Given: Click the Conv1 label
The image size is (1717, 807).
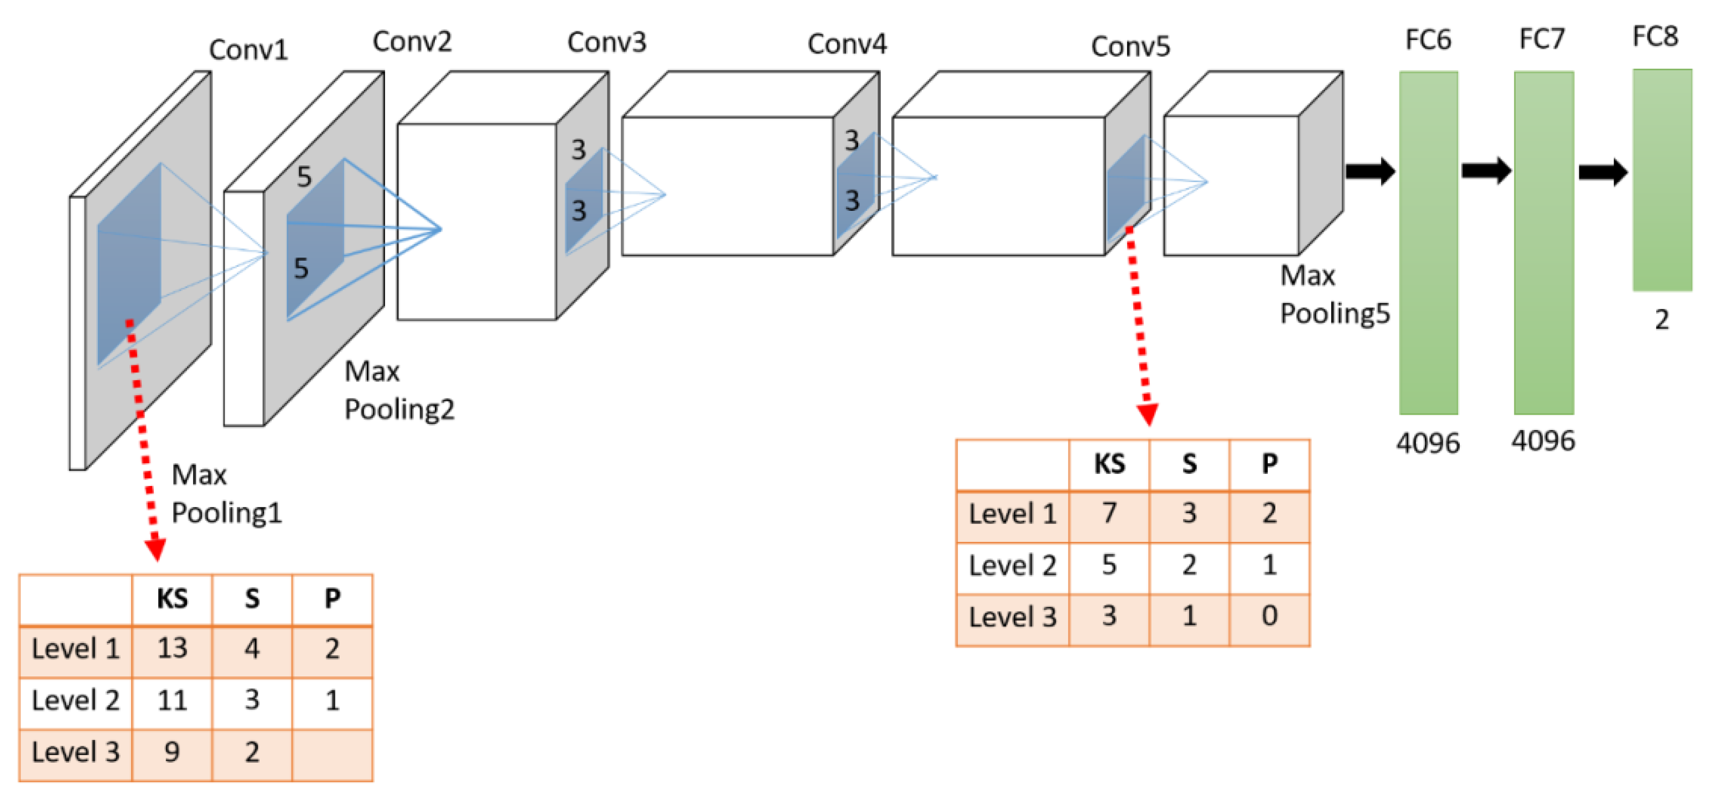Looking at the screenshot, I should coord(248,50).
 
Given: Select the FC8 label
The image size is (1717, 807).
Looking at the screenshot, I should coord(1654,37).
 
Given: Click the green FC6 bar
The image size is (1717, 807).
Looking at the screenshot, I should coord(1428,244).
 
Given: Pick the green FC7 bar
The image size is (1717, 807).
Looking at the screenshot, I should coord(1543,244).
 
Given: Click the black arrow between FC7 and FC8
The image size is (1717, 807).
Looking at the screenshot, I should coord(1602,172).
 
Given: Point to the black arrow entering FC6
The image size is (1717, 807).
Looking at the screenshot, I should coord(1370,172).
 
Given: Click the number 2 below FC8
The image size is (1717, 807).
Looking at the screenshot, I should coord(1661,320).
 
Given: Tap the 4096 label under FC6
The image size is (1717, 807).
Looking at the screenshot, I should coord(1428,443).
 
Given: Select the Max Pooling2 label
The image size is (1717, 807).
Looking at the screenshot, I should coord(398,390).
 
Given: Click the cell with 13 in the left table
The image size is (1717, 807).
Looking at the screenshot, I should coord(172,648).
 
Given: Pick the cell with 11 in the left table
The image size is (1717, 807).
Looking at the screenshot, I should coord(172,700).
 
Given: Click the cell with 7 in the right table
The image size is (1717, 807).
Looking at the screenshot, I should coord(1108,513).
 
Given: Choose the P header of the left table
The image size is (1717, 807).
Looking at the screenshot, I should coord(332,598).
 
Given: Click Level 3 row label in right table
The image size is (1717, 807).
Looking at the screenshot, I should coord(1012,617).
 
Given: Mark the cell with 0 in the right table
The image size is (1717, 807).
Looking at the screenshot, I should coord(1269,615).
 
